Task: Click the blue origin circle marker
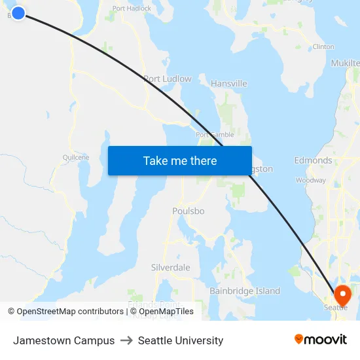pos(18,12)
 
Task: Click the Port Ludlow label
pos(168,79)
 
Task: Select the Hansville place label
pos(229,84)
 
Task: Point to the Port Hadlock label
pos(132,9)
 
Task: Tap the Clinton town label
pos(323,47)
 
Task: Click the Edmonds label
pos(313,160)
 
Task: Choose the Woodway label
pos(311,180)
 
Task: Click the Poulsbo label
pos(189,211)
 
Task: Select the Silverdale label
pos(170,268)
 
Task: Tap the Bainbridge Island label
pos(245,291)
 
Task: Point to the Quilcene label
pos(75,157)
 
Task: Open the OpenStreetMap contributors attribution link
pos(70,312)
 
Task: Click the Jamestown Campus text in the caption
pos(63,340)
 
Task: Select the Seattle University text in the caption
pos(181,340)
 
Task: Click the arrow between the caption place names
pos(126,340)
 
